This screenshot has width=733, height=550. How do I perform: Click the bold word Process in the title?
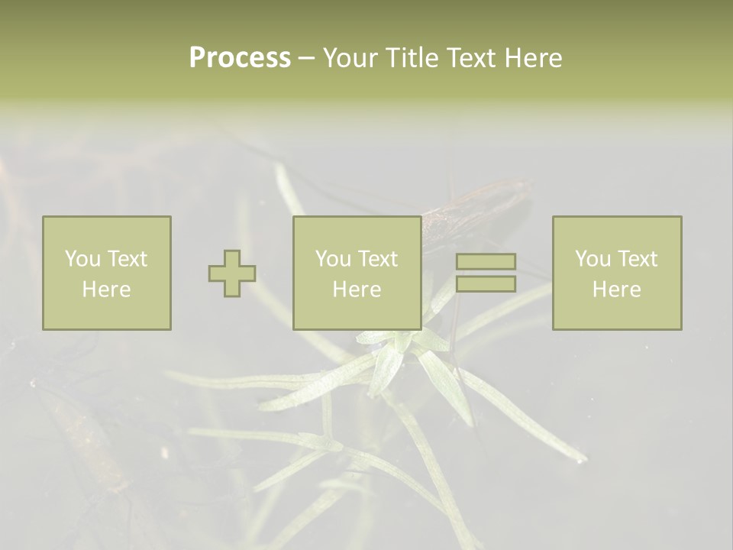[x=240, y=58]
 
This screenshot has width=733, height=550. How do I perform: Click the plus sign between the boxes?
[x=232, y=273]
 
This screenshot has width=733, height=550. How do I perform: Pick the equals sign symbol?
[x=486, y=273]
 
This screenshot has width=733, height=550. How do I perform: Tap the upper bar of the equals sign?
[x=486, y=262]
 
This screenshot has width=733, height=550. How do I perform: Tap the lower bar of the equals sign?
[x=486, y=284]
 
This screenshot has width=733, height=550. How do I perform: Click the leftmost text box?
[x=107, y=273]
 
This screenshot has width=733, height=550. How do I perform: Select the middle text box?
[x=357, y=273]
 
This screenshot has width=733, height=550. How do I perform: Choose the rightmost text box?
[x=617, y=273]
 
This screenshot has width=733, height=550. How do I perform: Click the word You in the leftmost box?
[x=82, y=259]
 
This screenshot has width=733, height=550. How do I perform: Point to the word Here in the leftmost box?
[x=107, y=290]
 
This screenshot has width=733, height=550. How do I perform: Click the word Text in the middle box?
[x=377, y=259]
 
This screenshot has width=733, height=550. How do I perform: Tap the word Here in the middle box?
[x=357, y=290]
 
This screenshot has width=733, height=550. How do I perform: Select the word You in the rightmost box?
[x=592, y=259]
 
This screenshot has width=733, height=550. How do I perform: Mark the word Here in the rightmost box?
[x=617, y=290]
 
